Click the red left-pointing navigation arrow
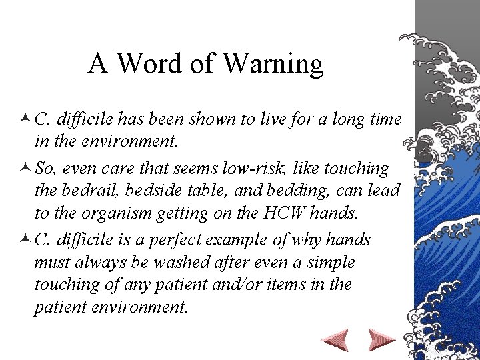click(335, 341)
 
